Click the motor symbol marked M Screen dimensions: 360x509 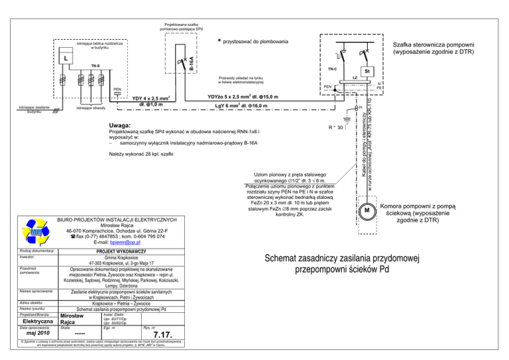pos(365,211)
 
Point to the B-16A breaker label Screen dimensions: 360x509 pos(192,65)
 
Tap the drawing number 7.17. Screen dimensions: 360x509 pos(162,333)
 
